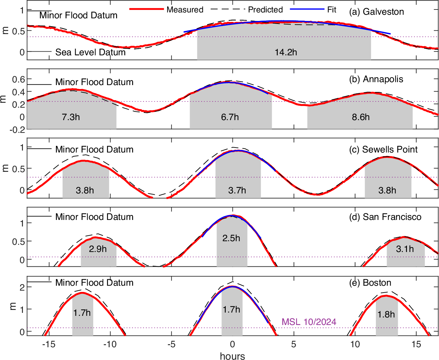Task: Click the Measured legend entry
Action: pyautogui.click(x=185, y=10)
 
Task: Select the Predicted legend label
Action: pyautogui.click(x=265, y=10)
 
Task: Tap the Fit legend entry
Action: pyautogui.click(x=331, y=10)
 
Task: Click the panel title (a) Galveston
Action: pyautogui.click(x=376, y=12)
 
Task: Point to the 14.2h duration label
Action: pyautogui.click(x=286, y=52)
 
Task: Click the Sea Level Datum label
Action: pyautogui.click(x=90, y=52)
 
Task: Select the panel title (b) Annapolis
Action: pyautogui.click(x=376, y=79)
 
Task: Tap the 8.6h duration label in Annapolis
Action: pyautogui.click(x=360, y=117)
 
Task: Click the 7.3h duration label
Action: pyautogui.click(x=71, y=117)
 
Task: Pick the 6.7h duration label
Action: pyautogui.click(x=230, y=117)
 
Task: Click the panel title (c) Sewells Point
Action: pyautogui.click(x=383, y=150)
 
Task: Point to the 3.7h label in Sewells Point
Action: pyautogui.click(x=237, y=190)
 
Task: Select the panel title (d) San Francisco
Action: pyautogui.click(x=385, y=217)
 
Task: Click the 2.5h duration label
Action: pyautogui.click(x=231, y=238)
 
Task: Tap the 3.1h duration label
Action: pyautogui.click(x=405, y=249)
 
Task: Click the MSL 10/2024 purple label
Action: pyautogui.click(x=309, y=322)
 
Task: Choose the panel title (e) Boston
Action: pyautogui.click(x=370, y=283)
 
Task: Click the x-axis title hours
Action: pyautogui.click(x=232, y=356)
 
